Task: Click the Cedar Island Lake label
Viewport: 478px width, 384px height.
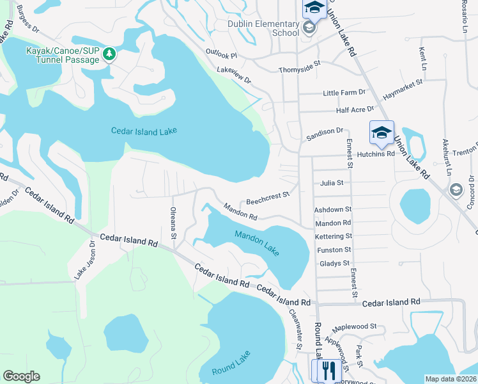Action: point(144,131)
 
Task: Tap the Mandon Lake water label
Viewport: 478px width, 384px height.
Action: point(256,243)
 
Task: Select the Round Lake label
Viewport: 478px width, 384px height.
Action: point(231,364)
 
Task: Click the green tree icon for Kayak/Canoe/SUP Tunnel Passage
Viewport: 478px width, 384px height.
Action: point(109,54)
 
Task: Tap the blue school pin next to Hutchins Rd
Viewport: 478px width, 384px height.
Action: point(382,133)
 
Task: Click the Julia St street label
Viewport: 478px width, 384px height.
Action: point(332,182)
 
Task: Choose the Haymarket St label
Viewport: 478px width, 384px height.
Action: point(403,88)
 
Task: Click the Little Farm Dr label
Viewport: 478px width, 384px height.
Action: point(344,93)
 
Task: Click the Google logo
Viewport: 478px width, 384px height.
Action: point(21,376)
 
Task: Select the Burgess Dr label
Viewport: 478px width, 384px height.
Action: point(27,20)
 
